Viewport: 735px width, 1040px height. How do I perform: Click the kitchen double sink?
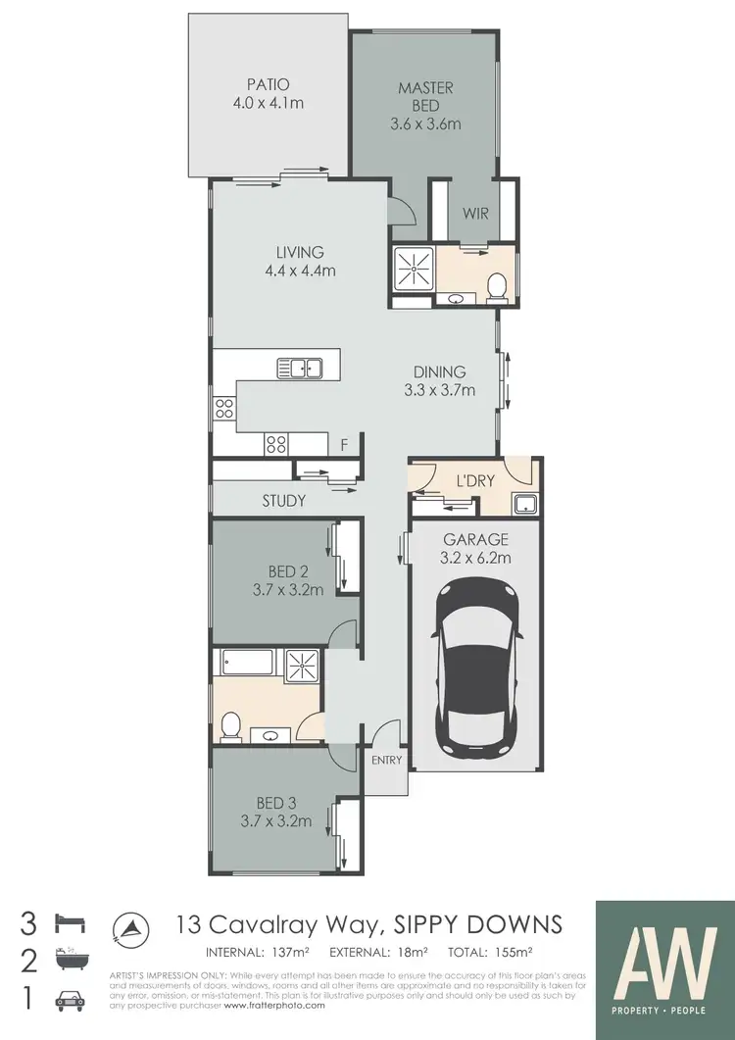click(300, 368)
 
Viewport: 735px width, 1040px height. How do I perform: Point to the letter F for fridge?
click(343, 445)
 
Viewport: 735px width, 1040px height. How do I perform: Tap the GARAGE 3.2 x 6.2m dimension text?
click(475, 559)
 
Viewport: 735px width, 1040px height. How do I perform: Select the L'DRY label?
click(475, 481)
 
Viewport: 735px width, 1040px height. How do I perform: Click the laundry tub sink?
click(523, 504)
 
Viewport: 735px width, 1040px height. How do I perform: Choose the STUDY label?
click(283, 501)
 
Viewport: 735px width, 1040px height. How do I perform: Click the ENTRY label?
click(387, 760)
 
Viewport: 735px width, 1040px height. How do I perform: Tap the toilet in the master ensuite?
click(496, 286)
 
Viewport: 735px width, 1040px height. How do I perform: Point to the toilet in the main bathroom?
click(230, 726)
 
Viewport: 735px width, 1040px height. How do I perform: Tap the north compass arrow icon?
click(129, 927)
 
